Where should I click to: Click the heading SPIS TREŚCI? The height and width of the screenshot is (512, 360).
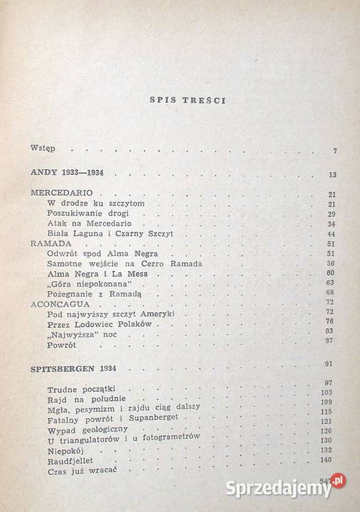188,100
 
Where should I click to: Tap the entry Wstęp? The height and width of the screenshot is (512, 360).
43,149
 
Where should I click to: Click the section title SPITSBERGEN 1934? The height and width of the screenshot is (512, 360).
80,370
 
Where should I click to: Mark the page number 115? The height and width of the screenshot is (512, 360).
327,412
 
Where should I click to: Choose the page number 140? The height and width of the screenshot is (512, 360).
327,461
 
